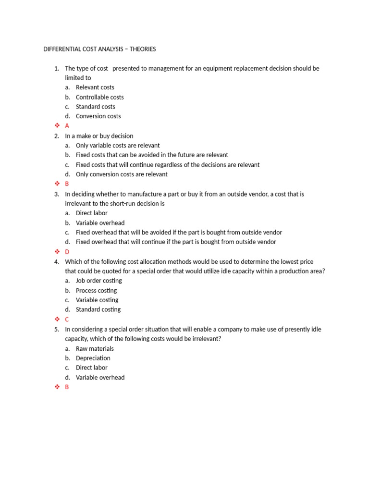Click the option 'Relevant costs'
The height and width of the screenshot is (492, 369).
(x=95, y=87)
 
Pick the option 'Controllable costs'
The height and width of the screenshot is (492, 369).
(x=99, y=97)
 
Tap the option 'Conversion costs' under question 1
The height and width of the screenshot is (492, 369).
(x=98, y=116)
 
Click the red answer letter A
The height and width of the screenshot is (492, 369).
(x=67, y=126)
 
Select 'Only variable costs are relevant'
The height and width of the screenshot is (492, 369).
(x=118, y=146)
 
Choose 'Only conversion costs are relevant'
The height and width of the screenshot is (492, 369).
(x=122, y=174)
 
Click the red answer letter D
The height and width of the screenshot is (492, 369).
(x=67, y=252)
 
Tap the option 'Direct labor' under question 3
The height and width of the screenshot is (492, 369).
(x=91, y=213)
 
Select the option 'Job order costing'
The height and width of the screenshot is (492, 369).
(x=98, y=281)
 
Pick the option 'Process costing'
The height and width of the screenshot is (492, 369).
(x=96, y=291)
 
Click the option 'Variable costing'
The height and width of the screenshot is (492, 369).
(x=97, y=300)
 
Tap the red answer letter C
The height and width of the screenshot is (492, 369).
(x=67, y=320)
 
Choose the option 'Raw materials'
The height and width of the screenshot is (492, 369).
(x=95, y=349)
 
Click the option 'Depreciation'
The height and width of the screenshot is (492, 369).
(x=93, y=358)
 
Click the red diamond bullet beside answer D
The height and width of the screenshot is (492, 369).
(x=57, y=252)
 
